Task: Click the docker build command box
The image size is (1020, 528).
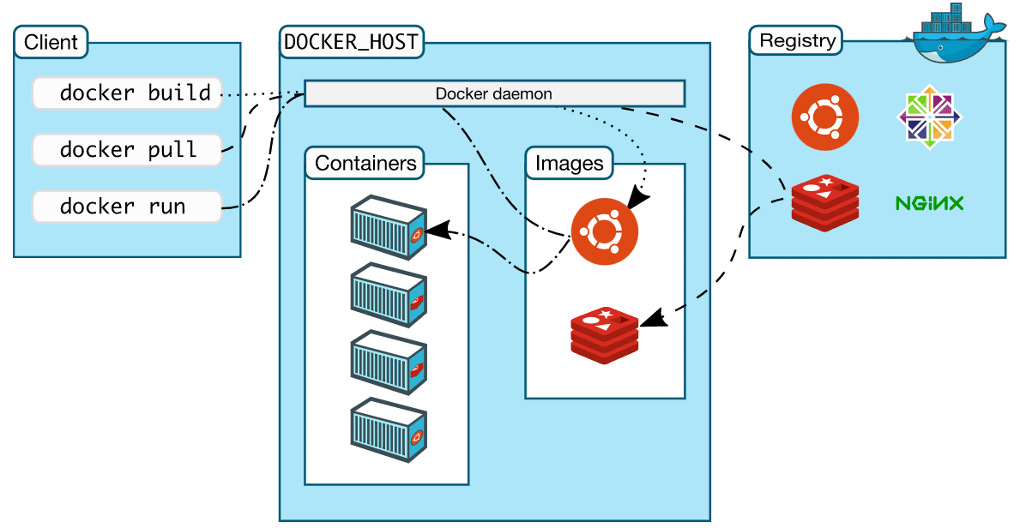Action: click(x=127, y=93)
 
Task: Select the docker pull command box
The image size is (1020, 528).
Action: click(x=127, y=150)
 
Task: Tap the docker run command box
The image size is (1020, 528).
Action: click(x=127, y=207)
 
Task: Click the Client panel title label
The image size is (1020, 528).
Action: click(x=51, y=41)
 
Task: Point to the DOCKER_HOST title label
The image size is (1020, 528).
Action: click(x=352, y=41)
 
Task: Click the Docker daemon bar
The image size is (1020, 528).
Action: click(x=494, y=93)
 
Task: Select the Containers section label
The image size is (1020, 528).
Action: click(x=365, y=163)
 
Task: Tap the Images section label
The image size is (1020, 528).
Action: click(x=570, y=163)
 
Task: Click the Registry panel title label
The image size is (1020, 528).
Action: click(x=797, y=40)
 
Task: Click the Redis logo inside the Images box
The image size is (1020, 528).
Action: click(x=605, y=335)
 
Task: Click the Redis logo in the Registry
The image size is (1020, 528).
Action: click(x=824, y=203)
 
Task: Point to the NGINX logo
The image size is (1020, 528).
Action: click(x=929, y=203)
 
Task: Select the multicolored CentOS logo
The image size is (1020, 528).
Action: click(x=930, y=117)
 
